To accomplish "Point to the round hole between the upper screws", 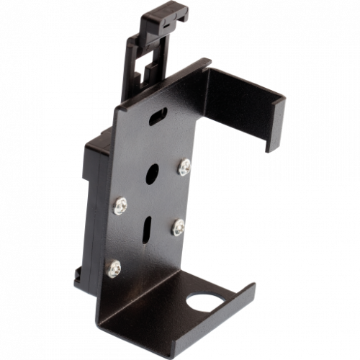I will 153,174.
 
